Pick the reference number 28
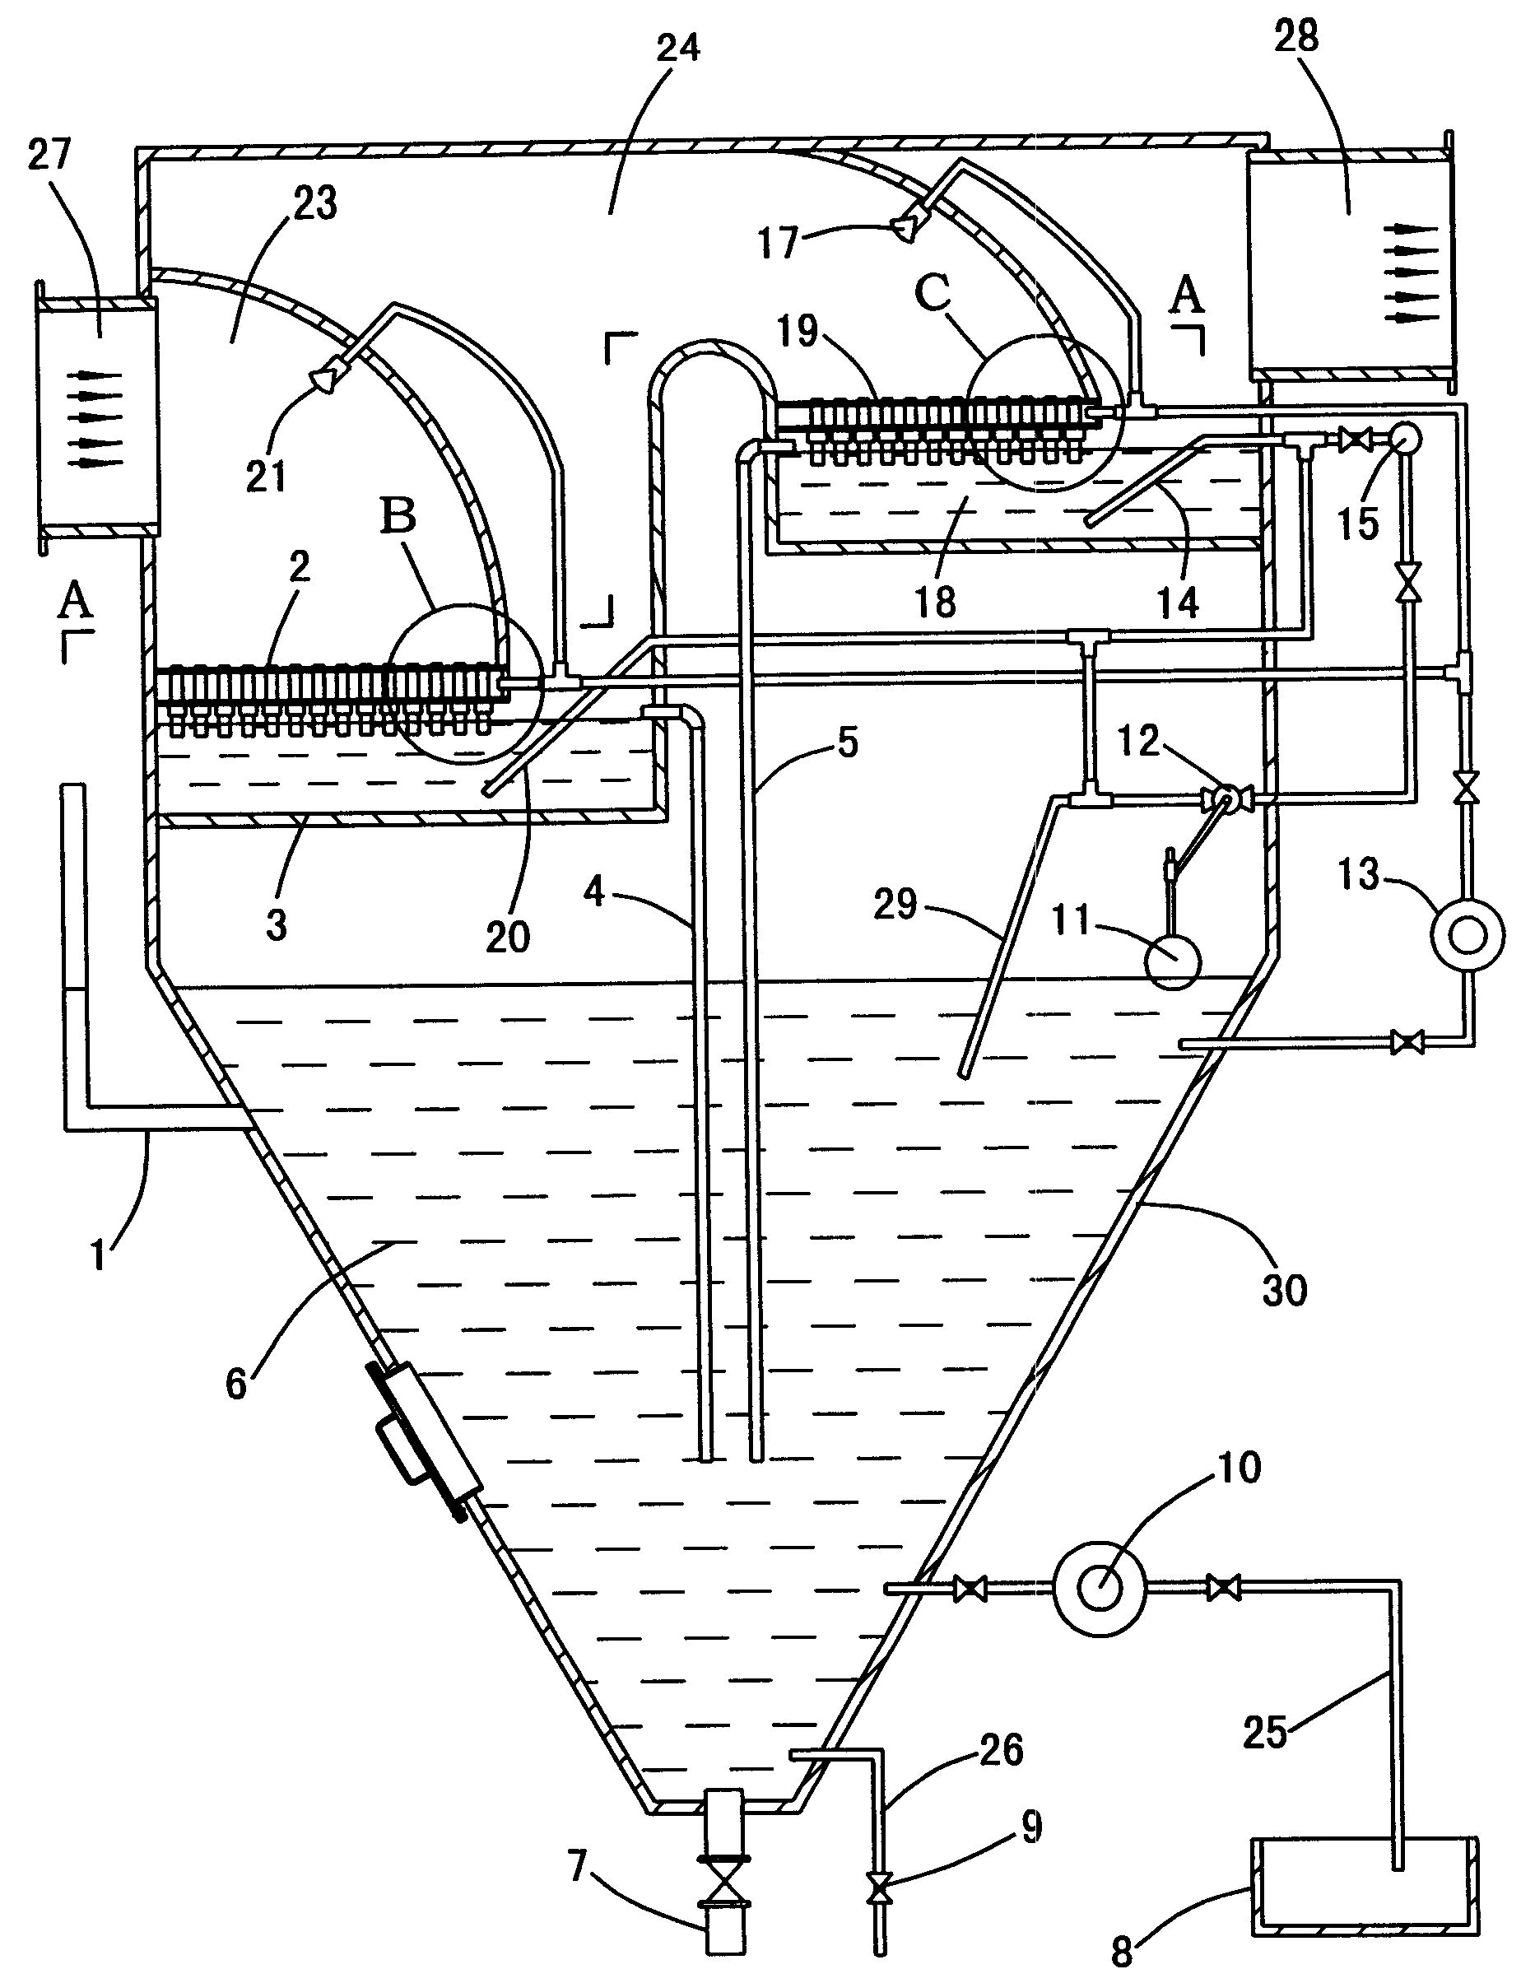pos(1295,37)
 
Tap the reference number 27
pos(49,155)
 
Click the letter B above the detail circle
pos(398,516)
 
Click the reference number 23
pos(315,204)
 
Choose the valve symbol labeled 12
pos(1225,798)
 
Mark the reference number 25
pos(1265,1731)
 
